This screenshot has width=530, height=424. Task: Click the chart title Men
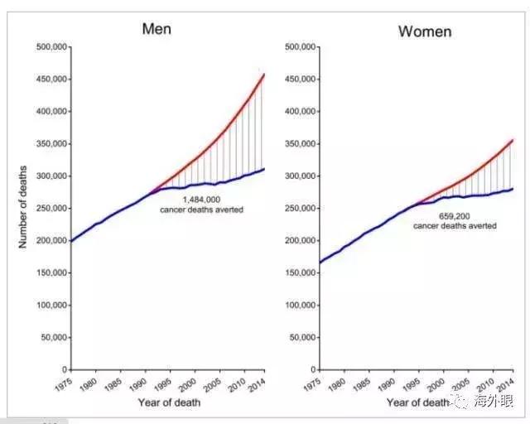click(157, 29)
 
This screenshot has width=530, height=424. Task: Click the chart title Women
click(425, 31)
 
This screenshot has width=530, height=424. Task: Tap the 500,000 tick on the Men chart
click(51, 47)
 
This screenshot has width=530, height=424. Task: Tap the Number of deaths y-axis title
click(24, 208)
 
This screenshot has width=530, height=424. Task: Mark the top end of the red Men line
click(263, 75)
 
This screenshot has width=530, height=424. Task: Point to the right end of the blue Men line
click(264, 169)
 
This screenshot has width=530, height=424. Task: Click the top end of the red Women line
click(513, 140)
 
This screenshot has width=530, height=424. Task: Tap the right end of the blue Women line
click(513, 189)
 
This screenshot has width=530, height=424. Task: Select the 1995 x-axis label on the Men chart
click(162, 385)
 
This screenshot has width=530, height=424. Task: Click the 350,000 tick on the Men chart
click(51, 144)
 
